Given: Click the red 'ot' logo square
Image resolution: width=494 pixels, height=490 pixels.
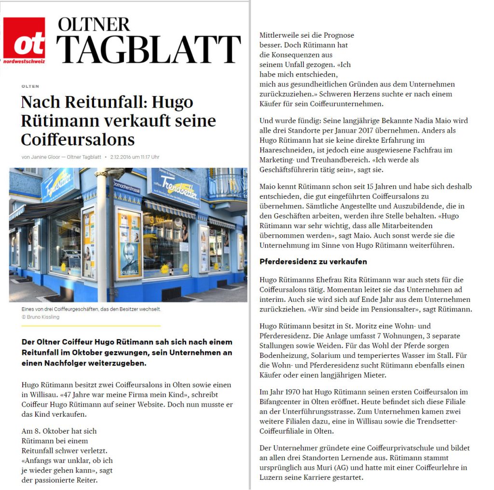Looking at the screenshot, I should coord(24,39).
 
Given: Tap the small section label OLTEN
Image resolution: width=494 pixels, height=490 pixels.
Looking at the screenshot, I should coord(30,86).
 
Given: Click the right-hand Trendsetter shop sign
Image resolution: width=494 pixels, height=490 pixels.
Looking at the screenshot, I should coord(175,186).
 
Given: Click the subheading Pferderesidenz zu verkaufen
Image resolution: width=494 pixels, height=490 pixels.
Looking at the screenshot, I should coord(313,262).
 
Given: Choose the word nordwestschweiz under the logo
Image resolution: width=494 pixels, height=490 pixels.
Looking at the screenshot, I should coord(24,61).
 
